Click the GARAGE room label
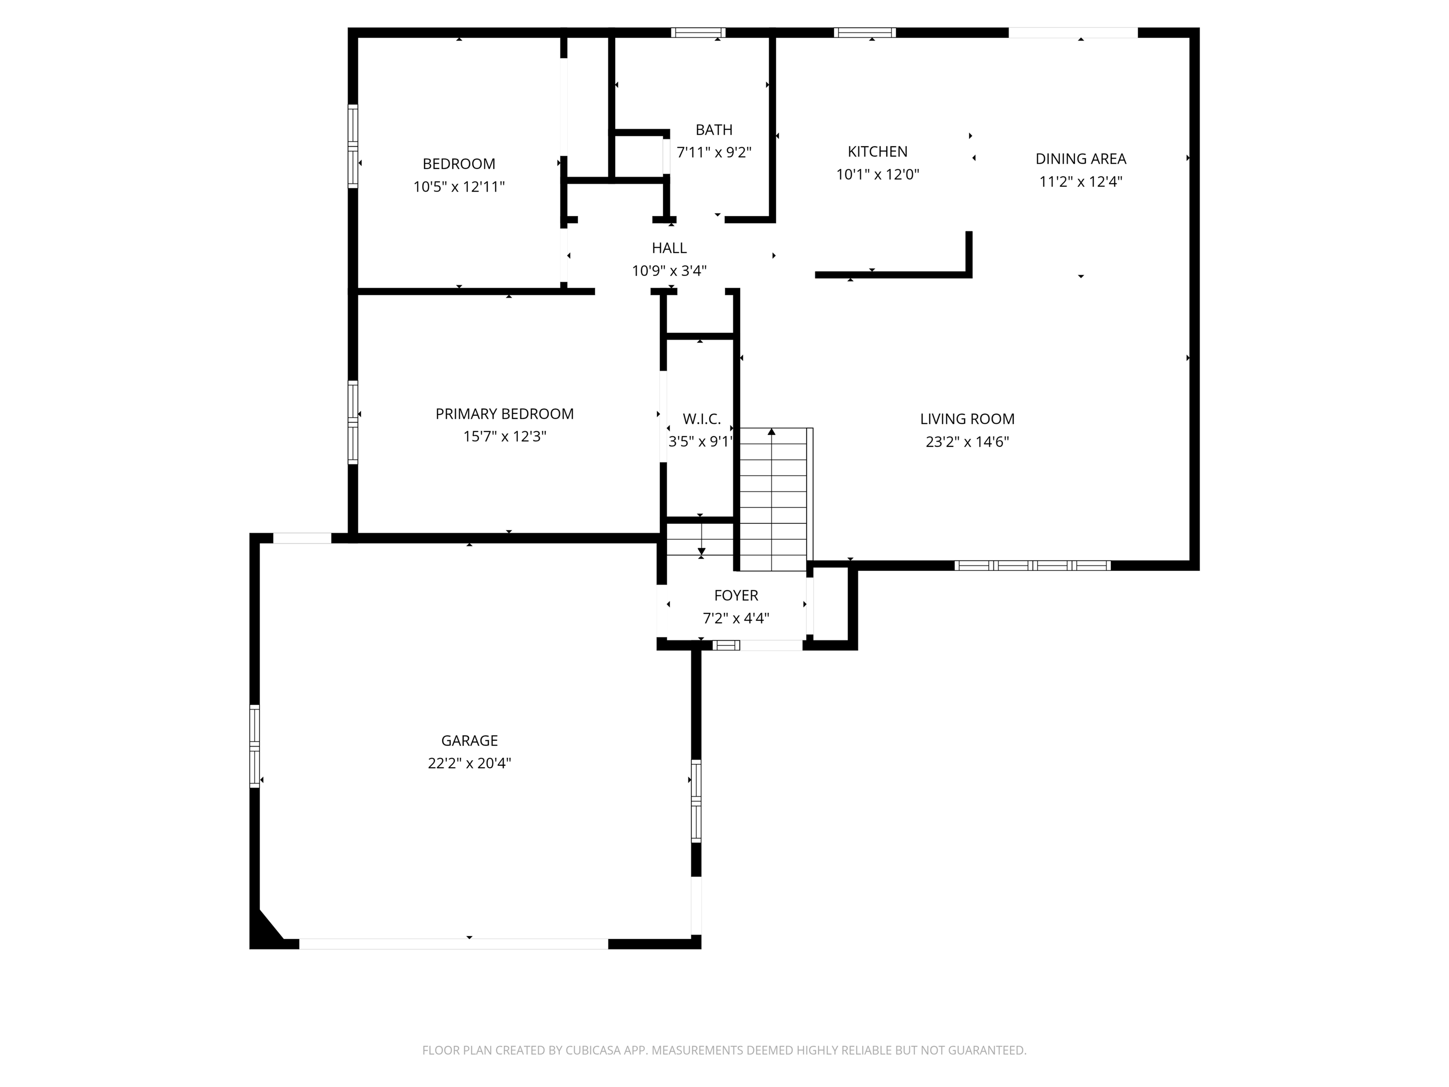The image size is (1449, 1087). click(469, 740)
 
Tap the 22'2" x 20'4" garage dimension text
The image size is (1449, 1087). click(469, 763)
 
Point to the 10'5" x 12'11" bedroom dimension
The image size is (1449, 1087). click(458, 187)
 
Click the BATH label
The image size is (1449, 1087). click(714, 130)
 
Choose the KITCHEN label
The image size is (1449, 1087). click(877, 151)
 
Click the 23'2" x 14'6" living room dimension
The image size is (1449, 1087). click(967, 442)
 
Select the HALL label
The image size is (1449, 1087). click(669, 248)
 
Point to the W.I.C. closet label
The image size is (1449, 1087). click(701, 418)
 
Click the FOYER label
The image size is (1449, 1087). click(736, 595)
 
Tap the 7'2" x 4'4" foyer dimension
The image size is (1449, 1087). click(736, 618)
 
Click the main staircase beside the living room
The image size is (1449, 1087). click(773, 498)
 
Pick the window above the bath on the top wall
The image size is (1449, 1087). click(698, 33)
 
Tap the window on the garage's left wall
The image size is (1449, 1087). click(254, 745)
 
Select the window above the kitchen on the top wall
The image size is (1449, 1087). click(864, 33)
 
